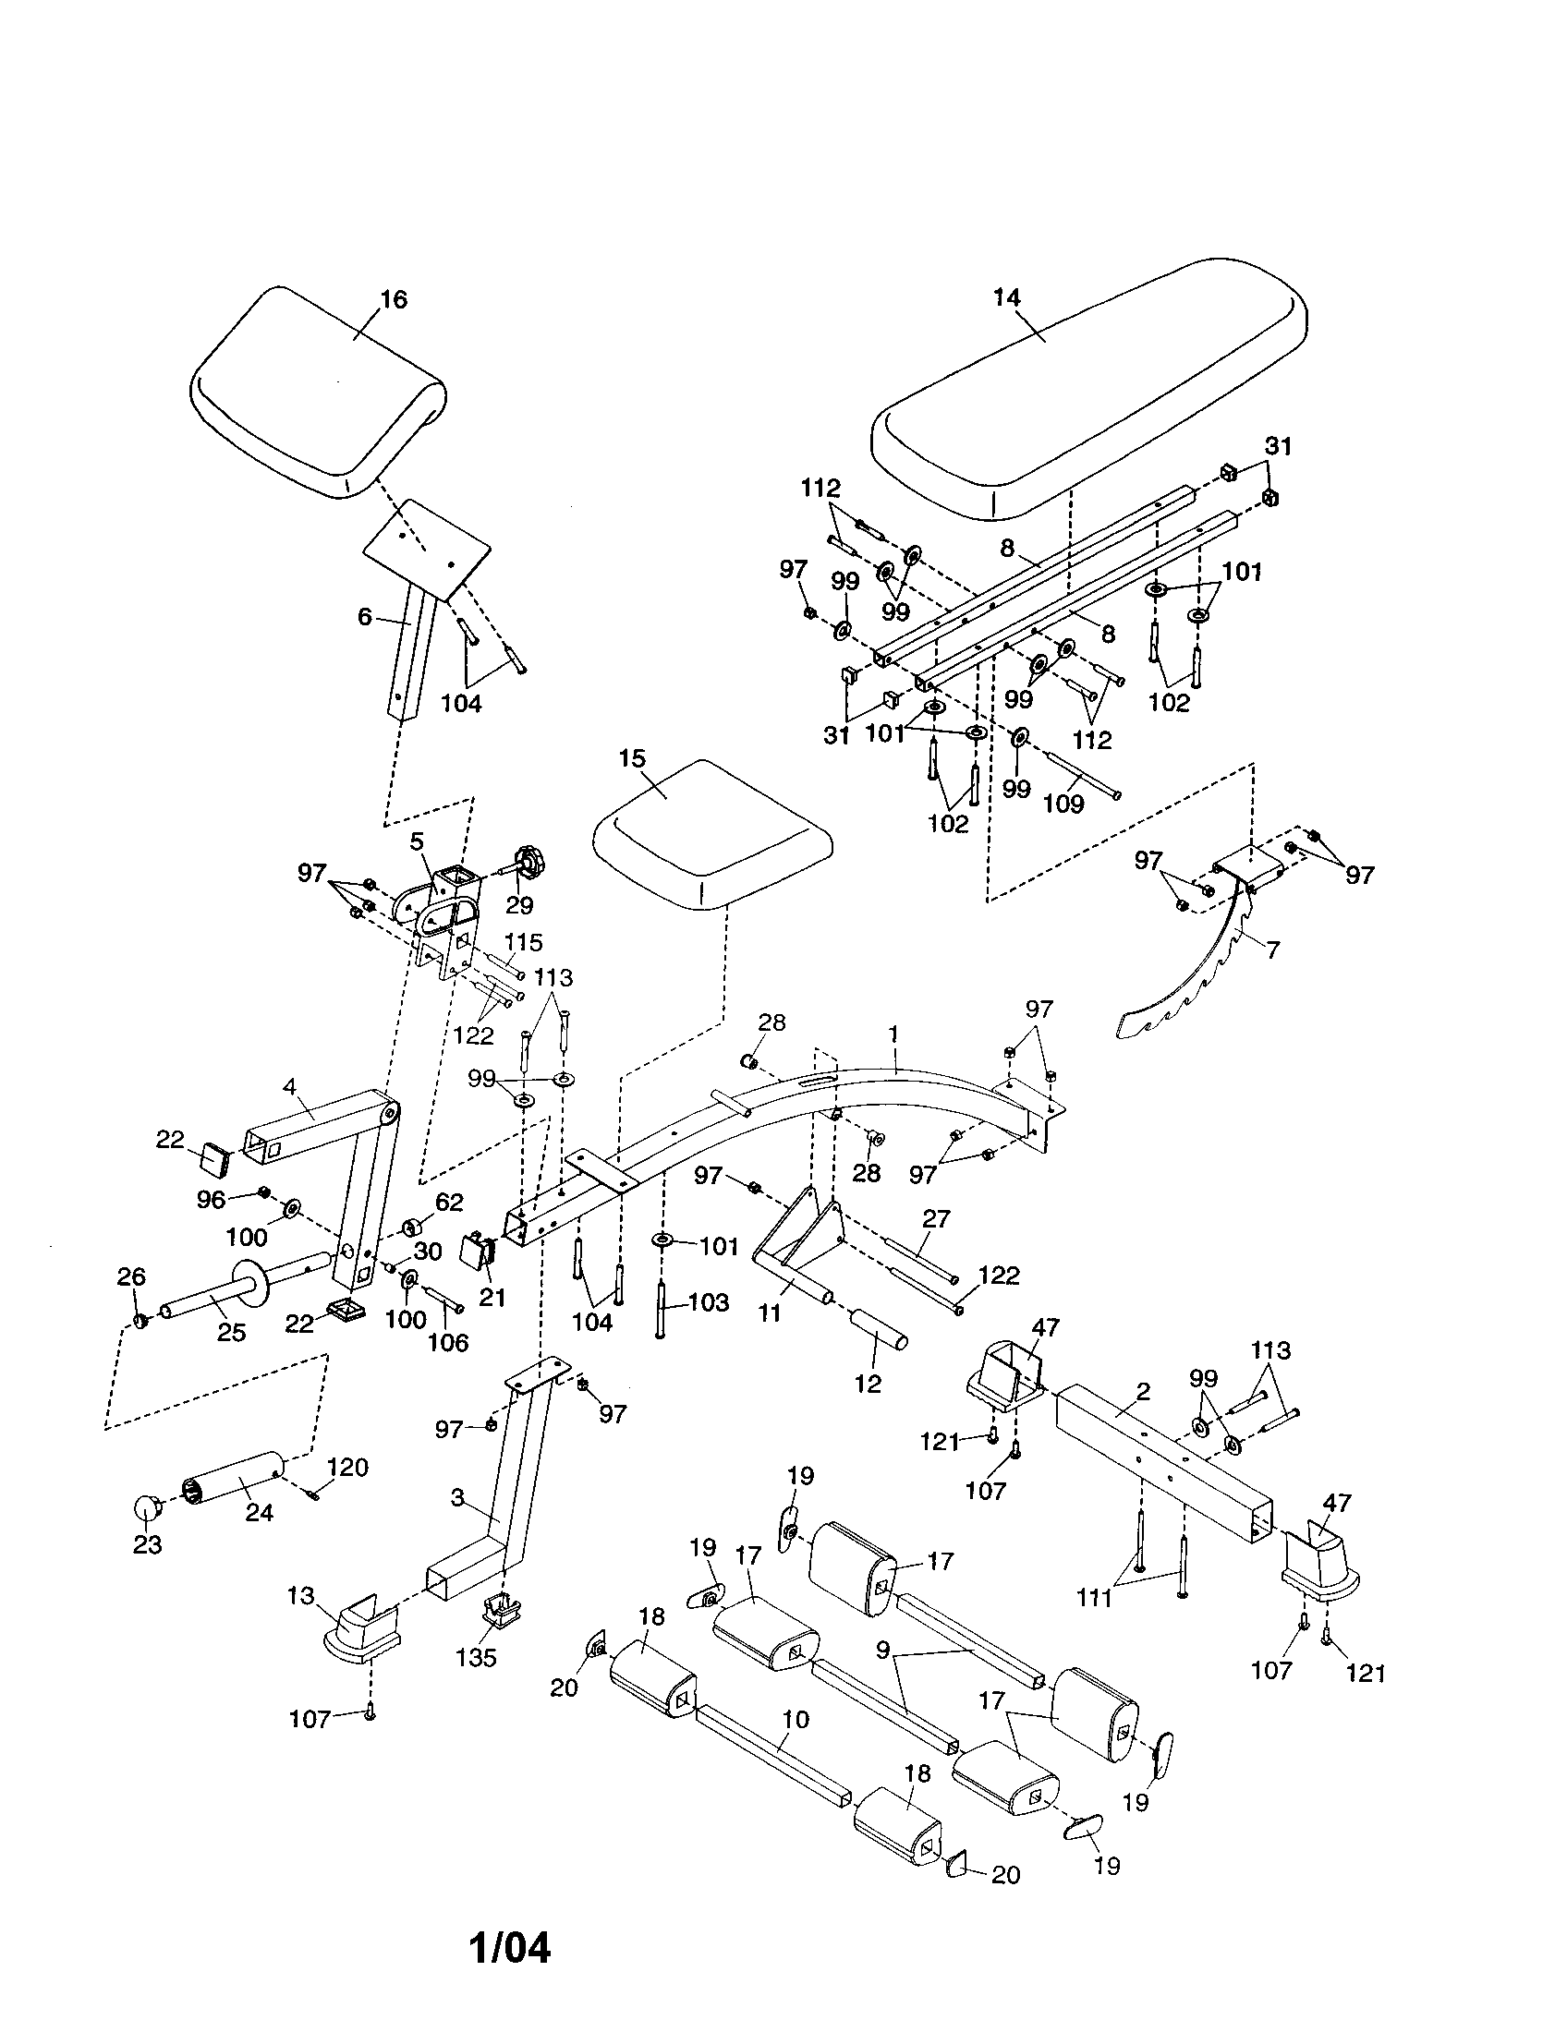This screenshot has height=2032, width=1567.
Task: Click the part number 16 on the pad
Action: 394,299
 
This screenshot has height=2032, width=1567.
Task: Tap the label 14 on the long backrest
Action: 1007,297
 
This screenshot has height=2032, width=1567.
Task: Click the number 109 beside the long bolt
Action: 1063,803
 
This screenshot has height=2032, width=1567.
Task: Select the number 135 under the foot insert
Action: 477,1657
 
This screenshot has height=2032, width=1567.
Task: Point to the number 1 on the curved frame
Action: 894,1034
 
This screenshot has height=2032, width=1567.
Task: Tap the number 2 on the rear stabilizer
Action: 1143,1392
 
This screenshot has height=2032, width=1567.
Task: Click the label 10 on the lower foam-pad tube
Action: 796,1720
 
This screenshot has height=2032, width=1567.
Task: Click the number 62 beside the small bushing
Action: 448,1202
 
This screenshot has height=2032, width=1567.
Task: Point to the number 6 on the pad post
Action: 365,616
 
